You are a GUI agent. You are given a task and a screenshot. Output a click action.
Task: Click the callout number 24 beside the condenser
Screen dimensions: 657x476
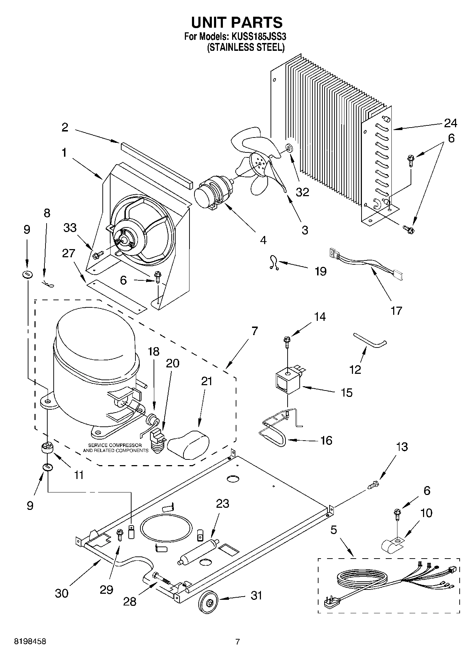click(450, 123)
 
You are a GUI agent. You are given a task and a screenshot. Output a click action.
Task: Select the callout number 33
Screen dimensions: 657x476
click(70, 227)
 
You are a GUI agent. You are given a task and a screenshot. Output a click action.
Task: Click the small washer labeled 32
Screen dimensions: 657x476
click(288, 147)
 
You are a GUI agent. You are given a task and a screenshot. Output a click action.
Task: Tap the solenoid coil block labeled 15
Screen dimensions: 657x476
click(289, 382)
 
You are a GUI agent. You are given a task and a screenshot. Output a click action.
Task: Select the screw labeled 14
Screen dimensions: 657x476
click(287, 340)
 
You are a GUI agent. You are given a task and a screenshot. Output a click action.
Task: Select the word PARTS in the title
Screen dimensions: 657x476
click(257, 22)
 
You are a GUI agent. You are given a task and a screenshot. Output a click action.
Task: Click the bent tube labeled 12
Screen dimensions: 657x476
click(370, 339)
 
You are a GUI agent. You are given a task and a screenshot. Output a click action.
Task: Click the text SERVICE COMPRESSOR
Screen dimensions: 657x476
click(115, 445)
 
